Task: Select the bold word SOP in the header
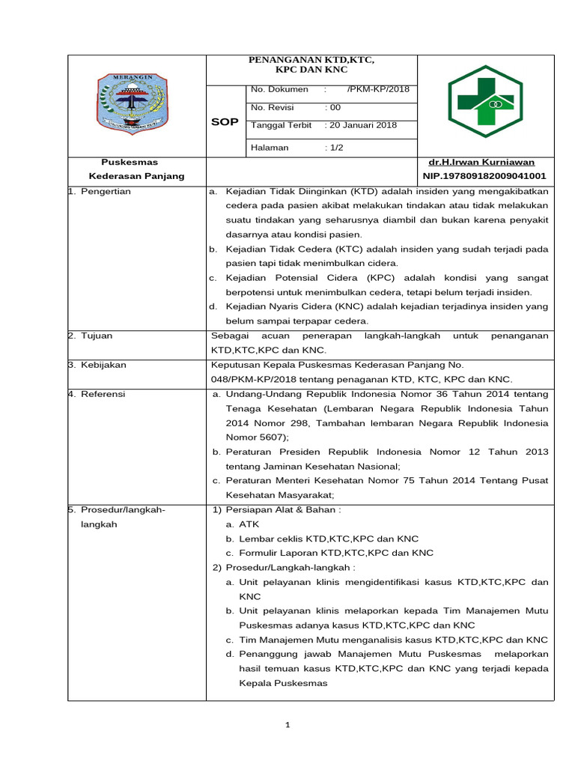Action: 225,121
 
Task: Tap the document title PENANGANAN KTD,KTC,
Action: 311,59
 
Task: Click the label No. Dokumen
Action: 279,89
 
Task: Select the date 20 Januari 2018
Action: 364,125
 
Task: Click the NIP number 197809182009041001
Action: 484,176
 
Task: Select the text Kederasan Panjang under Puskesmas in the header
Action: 136,176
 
